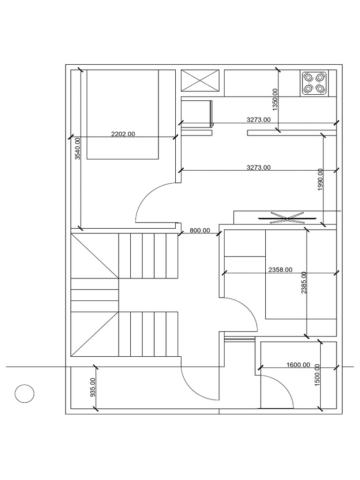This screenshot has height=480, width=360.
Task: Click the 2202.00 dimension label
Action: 123,134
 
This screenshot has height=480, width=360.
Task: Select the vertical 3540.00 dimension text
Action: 78,148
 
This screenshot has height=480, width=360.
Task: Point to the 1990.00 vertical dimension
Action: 320,179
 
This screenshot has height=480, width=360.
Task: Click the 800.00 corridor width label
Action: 200,231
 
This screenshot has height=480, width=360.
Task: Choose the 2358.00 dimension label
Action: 280,270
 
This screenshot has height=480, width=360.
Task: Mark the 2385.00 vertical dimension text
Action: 304,283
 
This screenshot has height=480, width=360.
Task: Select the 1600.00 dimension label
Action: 298,365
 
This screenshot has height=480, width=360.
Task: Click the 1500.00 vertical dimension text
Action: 317,375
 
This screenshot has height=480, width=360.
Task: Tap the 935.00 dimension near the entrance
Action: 92,388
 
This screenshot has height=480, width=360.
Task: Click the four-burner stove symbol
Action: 314,83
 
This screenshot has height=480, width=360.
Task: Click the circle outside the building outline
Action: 24,394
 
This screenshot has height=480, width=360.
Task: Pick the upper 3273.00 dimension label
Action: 258,120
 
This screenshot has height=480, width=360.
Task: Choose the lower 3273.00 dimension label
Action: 258,167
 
